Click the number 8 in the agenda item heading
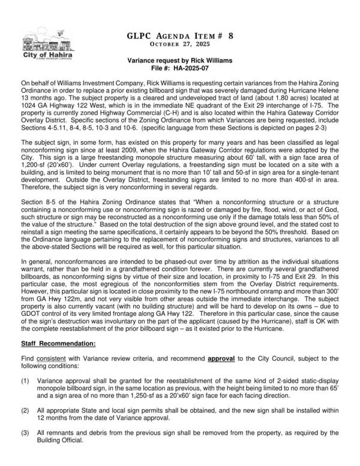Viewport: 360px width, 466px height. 231,36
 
